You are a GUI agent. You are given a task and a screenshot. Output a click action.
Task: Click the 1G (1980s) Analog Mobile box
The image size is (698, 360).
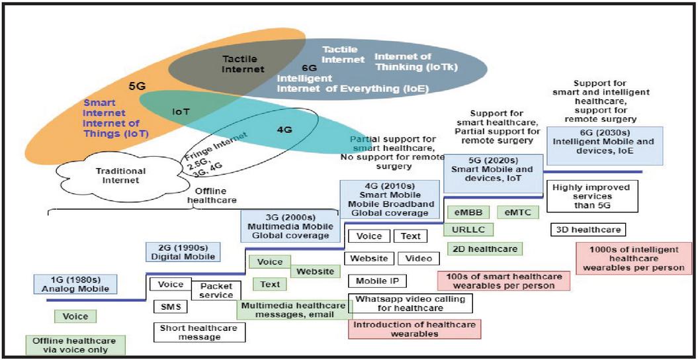click(x=75, y=284)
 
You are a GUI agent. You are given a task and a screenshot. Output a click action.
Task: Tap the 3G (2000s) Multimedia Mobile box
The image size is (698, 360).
click(x=284, y=226)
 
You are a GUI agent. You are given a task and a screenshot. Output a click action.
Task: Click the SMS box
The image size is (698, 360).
click(x=170, y=307)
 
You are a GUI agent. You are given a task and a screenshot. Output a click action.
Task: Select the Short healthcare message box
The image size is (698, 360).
click(x=189, y=332)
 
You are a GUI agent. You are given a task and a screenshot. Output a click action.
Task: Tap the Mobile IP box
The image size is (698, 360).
click(x=377, y=281)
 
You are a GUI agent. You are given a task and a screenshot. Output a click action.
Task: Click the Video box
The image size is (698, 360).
click(x=418, y=258)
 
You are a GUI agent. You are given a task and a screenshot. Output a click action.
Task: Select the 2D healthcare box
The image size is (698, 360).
click(x=485, y=249)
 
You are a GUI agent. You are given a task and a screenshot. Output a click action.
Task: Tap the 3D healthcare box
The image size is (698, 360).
click(x=588, y=230)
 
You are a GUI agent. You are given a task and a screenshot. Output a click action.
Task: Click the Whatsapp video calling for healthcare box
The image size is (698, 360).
click(x=410, y=304)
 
